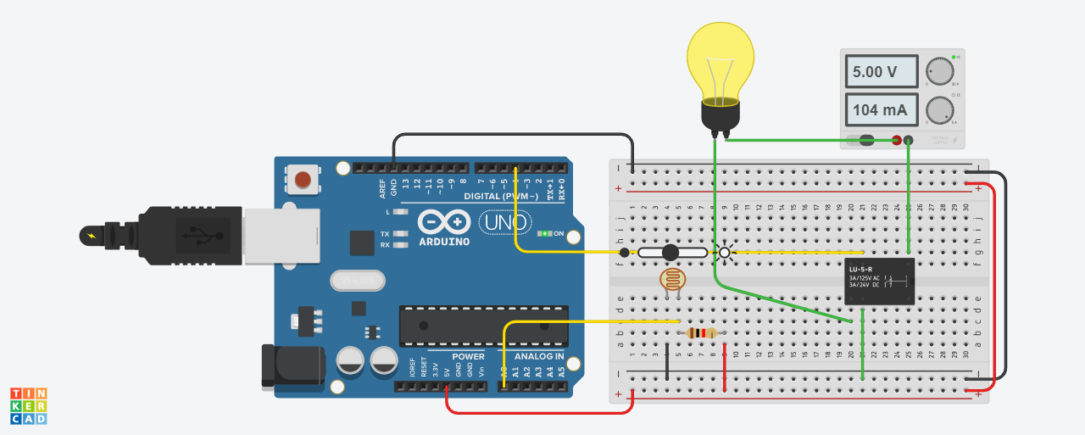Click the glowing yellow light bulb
[x=720, y=64]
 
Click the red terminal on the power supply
[x=897, y=140]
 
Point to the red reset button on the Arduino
[x=303, y=180]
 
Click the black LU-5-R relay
[x=879, y=282]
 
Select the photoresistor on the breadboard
[x=671, y=279]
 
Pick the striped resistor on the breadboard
[x=700, y=333]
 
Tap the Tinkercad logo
[x=28, y=406]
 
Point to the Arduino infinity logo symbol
[x=443, y=223]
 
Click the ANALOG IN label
[x=539, y=357]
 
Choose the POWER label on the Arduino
[x=468, y=357]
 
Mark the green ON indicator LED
[x=545, y=233]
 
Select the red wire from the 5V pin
[x=534, y=413]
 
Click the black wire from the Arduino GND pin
[x=509, y=134]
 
